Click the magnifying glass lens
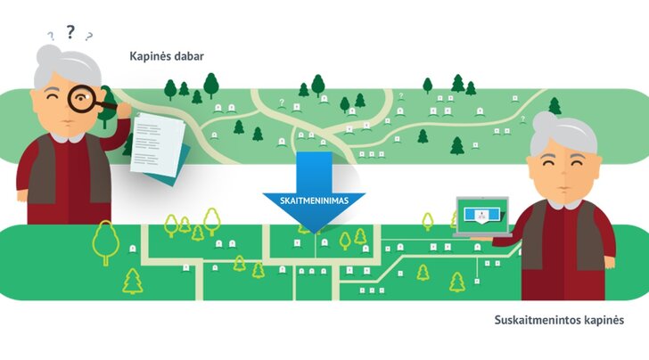82,99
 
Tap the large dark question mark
70,31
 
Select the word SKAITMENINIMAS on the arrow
314,201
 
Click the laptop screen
482,215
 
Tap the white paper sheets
157,144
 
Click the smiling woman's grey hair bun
544,121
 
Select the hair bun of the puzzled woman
49,55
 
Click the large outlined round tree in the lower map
106,241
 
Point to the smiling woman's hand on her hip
608,262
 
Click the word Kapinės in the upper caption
146,56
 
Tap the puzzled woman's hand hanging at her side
22,194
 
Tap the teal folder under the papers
174,169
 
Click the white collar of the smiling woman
564,203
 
